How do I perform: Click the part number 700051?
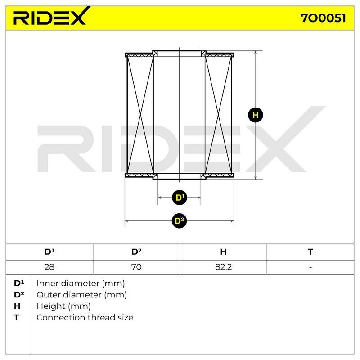click(323, 18)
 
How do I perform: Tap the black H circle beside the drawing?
click(256, 115)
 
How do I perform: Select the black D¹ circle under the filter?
click(180, 198)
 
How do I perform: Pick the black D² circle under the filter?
click(179, 221)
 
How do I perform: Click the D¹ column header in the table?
click(49, 252)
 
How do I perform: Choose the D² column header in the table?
click(136, 252)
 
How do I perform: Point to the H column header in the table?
click(223, 252)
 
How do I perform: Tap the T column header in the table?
click(310, 252)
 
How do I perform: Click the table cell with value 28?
click(49, 267)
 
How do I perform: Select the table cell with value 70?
click(136, 267)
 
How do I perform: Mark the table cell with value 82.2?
click(223, 267)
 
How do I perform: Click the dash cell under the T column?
click(310, 267)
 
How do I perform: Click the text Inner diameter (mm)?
click(81, 283)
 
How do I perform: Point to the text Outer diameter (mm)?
click(81, 295)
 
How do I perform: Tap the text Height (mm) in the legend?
click(63, 306)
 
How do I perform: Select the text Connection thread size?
click(85, 318)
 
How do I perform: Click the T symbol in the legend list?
click(16, 318)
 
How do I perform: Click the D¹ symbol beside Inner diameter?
click(19, 283)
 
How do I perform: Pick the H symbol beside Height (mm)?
click(17, 306)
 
